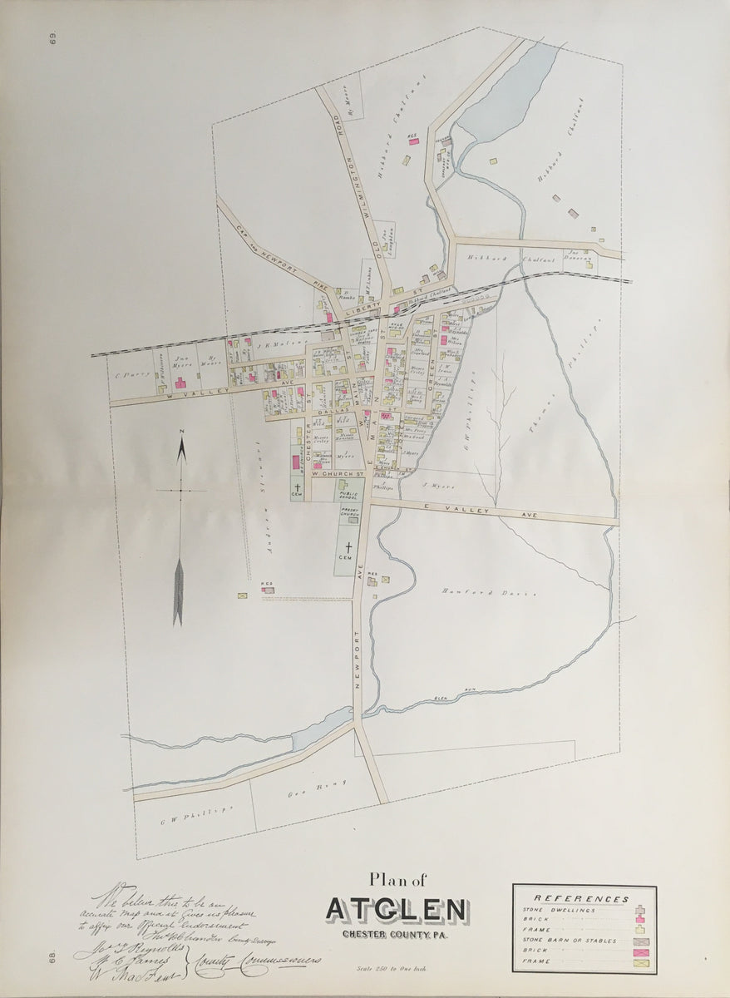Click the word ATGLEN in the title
tap(397, 909)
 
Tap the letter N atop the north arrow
tap(182, 429)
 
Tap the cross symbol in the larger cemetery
tap(349, 547)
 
